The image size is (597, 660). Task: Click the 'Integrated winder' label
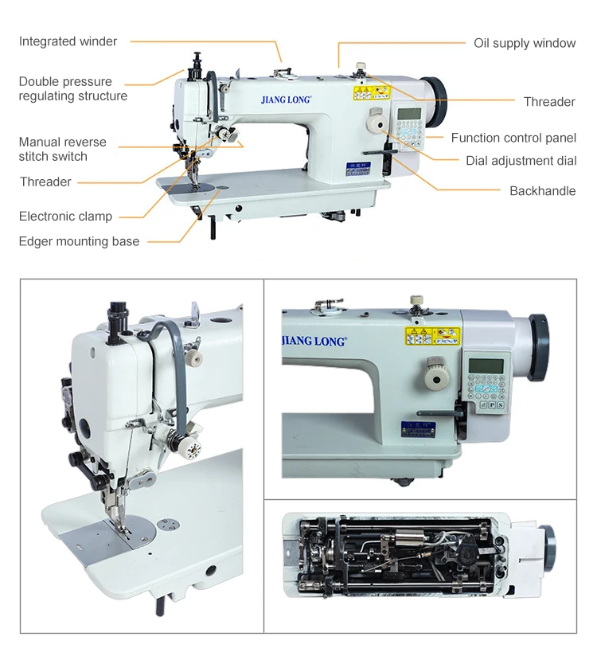(68, 41)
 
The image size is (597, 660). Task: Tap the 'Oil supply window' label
(525, 43)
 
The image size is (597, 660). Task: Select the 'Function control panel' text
(513, 138)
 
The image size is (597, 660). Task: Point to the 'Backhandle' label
(542, 191)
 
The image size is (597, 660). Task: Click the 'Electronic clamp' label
(65, 217)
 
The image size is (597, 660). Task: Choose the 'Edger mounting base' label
(79, 241)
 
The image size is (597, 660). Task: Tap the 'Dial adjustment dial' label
(521, 161)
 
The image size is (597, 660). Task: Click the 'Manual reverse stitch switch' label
(62, 149)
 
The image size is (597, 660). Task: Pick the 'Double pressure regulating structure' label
(72, 88)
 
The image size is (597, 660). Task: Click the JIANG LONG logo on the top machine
(286, 101)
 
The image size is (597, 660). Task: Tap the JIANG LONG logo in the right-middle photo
(314, 341)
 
